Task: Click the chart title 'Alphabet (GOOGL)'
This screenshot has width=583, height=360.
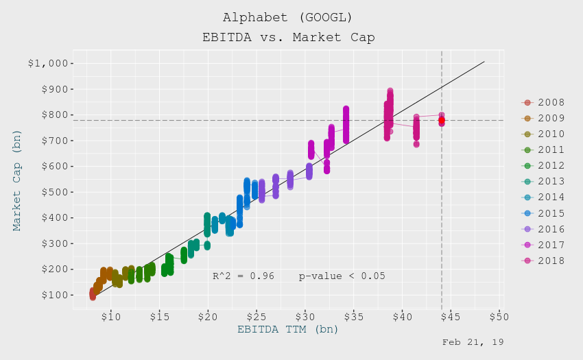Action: tap(288, 17)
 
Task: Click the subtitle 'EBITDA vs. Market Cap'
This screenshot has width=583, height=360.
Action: tap(288, 37)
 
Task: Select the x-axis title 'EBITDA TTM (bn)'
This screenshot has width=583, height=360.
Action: tap(288, 329)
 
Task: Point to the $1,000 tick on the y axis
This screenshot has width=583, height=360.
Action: tap(50, 64)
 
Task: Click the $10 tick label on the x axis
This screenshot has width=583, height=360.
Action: tap(111, 317)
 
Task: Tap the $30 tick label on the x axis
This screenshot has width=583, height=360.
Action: tap(305, 317)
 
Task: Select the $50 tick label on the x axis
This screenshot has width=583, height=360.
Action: tap(499, 317)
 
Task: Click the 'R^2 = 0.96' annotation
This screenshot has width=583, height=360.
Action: tap(243, 276)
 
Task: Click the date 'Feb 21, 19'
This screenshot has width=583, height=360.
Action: tap(473, 341)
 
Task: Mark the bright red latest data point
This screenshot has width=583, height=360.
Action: tap(442, 120)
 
